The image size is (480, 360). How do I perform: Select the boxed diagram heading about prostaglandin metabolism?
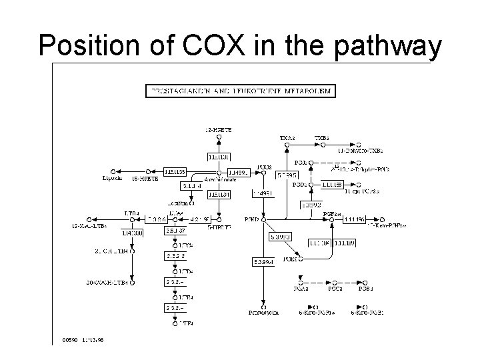point(241,90)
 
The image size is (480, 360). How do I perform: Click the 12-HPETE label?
point(219,130)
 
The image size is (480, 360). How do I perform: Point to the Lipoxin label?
point(111,179)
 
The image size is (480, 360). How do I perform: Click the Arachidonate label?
point(219,179)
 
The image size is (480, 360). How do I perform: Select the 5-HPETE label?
point(219,227)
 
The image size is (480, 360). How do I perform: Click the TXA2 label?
point(287,139)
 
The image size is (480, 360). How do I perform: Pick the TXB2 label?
point(322,139)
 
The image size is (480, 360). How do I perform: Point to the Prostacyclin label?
point(263,312)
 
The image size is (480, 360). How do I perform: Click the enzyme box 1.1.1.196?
point(354,219)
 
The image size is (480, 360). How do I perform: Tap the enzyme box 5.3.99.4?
point(263,262)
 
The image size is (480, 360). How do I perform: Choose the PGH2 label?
point(252,219)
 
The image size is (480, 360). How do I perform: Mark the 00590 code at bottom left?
point(70,339)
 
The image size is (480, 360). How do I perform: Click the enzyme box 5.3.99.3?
point(281,236)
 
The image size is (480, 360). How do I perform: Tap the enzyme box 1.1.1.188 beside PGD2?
point(332,184)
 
